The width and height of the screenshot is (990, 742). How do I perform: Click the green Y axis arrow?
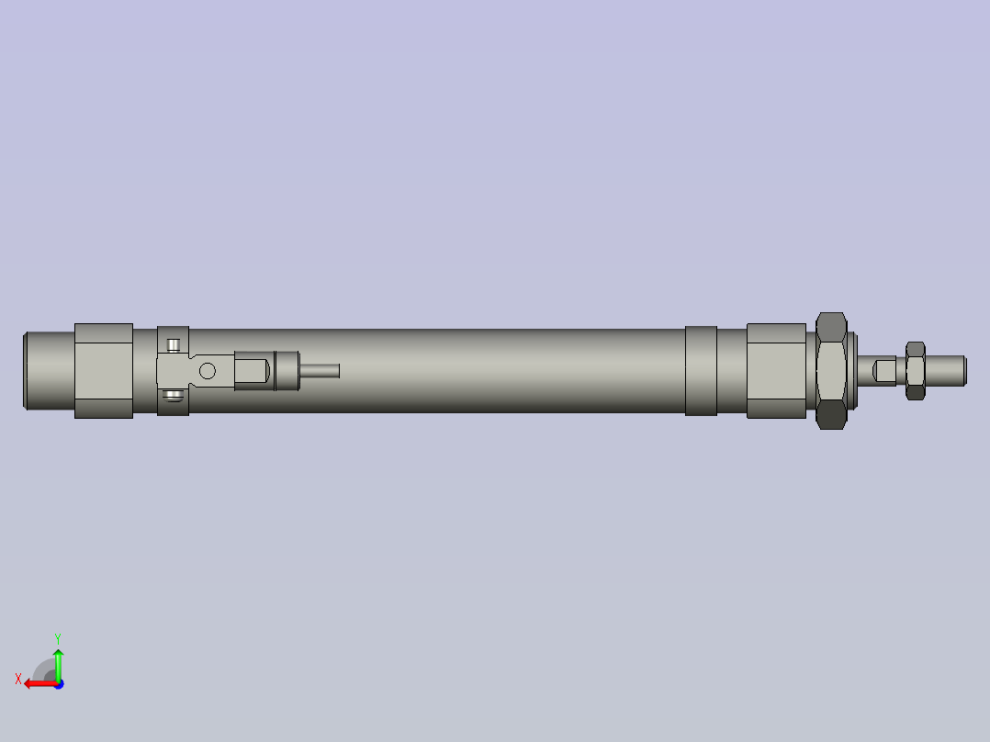point(58,663)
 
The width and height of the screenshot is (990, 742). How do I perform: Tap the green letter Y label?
point(57,636)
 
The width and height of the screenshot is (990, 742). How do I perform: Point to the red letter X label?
point(18,679)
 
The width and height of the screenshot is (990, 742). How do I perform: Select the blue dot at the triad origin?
point(58,683)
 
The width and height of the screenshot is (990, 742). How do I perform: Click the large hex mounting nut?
point(831,370)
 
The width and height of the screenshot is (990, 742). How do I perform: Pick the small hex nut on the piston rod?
point(915,370)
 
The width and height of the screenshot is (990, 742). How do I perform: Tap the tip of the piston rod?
point(962,370)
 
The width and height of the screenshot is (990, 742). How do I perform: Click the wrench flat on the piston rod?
point(884,370)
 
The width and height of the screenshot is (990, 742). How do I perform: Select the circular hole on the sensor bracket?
point(208,371)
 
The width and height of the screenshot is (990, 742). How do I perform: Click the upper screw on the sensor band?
point(174,345)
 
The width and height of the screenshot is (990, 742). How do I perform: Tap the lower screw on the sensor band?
point(174,396)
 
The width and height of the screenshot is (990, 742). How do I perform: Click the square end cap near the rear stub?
point(103,370)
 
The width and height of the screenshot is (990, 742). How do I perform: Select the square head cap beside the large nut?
point(776,370)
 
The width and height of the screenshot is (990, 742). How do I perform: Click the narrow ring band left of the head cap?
point(701,370)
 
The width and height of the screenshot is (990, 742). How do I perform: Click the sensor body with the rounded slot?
point(253,371)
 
